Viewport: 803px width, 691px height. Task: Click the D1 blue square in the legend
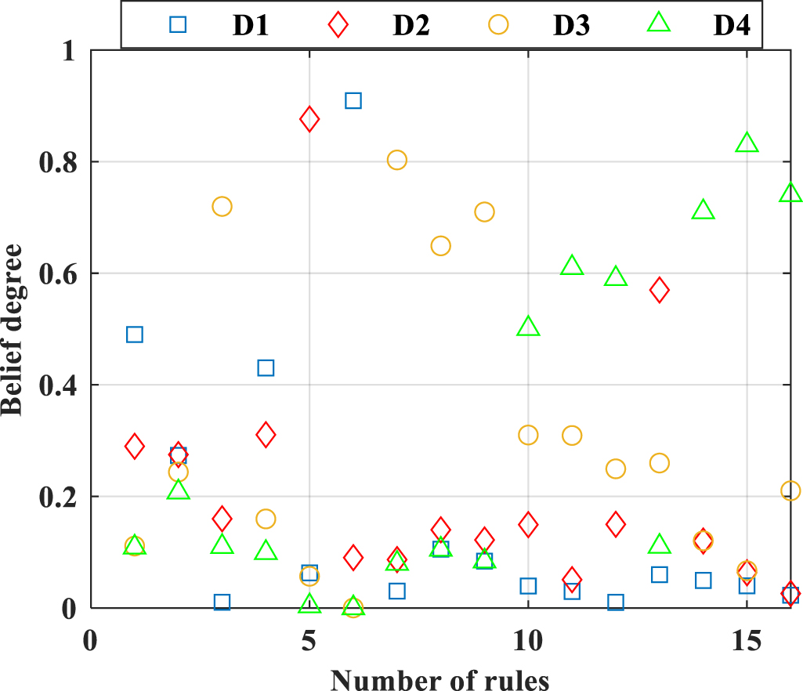tap(179, 24)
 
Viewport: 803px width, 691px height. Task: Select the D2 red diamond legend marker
tap(338, 24)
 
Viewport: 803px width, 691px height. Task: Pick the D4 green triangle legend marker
tap(660, 24)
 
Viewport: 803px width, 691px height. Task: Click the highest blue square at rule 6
tap(353, 100)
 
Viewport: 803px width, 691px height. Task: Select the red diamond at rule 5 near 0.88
tap(309, 119)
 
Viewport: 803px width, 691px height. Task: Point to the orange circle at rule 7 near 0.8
tap(397, 160)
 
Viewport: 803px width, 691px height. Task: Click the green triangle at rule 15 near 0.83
tap(747, 143)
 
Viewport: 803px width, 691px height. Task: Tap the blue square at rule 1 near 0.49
tap(135, 335)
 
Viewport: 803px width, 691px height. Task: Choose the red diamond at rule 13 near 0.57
tap(660, 290)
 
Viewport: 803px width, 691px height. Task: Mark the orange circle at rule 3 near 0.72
tap(222, 206)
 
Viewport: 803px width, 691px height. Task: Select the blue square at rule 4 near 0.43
tap(266, 368)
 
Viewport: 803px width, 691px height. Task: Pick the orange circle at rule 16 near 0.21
tap(790, 490)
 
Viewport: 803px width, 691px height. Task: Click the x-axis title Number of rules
tap(439, 678)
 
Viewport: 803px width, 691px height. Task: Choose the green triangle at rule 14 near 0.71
tap(704, 210)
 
